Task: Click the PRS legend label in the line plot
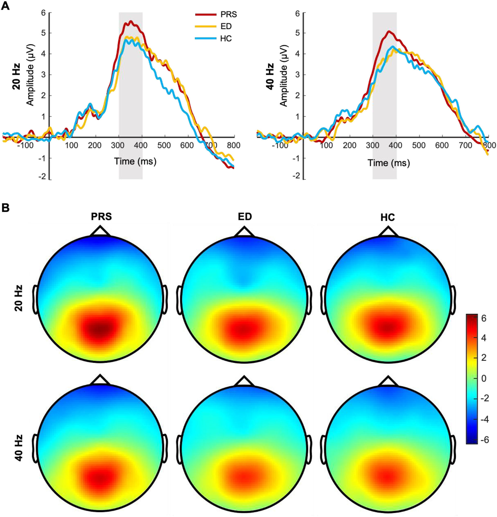(x=228, y=15)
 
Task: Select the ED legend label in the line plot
(x=226, y=26)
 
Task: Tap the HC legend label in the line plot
(x=226, y=39)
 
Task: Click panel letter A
(x=5, y=6)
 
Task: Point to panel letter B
(x=5, y=208)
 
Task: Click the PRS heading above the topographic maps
(x=101, y=216)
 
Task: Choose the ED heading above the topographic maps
(x=244, y=216)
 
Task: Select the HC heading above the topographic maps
(x=388, y=217)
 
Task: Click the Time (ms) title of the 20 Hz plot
(x=135, y=161)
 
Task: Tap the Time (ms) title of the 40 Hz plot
(x=389, y=163)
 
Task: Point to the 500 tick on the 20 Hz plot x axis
(x=164, y=145)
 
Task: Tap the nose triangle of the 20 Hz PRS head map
(x=100, y=231)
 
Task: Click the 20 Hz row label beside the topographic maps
(x=18, y=298)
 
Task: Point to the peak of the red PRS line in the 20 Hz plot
(x=131, y=21)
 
